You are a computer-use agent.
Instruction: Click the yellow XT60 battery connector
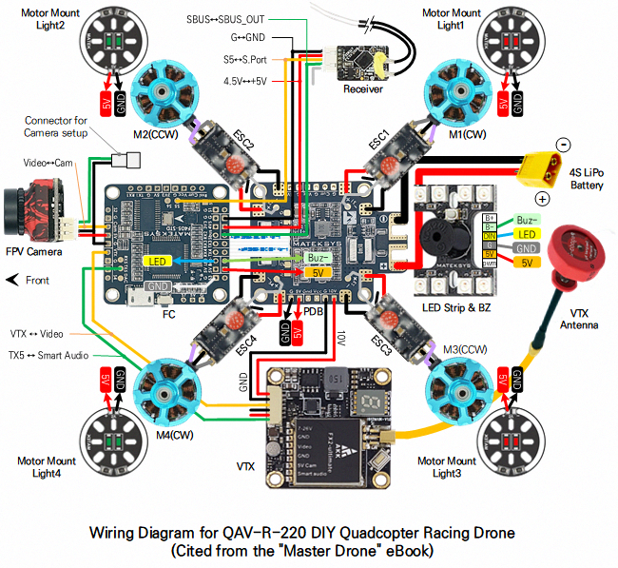click(540, 171)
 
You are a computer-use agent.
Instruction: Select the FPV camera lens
click(16, 215)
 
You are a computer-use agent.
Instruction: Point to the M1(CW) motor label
click(467, 135)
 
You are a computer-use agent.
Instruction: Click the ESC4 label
click(243, 340)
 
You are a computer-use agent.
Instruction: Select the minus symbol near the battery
click(563, 145)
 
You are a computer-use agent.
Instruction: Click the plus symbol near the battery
click(543, 199)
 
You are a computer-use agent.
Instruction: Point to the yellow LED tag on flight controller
click(159, 261)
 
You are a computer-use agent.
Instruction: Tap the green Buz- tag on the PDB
click(319, 258)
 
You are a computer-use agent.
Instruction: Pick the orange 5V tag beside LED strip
click(528, 262)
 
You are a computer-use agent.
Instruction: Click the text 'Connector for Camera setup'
click(56, 127)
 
